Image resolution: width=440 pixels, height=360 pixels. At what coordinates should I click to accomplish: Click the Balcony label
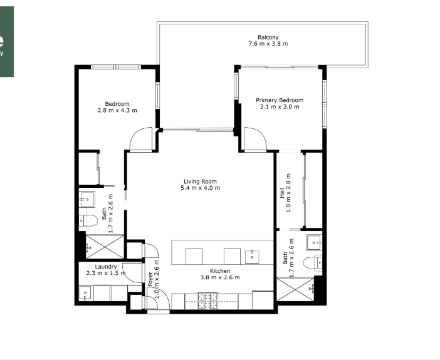268,37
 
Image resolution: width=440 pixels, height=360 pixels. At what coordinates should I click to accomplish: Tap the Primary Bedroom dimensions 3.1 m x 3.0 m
280,107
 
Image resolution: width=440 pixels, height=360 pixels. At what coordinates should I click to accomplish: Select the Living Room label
200,182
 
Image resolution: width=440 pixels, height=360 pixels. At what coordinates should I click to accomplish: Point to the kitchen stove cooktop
207,301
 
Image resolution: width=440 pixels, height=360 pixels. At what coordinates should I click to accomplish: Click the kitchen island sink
252,257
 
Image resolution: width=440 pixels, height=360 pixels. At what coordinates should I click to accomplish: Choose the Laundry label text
106,267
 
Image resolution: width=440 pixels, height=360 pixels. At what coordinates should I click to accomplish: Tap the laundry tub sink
85,293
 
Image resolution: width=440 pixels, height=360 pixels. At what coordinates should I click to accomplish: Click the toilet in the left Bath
88,220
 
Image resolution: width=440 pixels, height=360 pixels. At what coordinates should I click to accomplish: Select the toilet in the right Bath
313,263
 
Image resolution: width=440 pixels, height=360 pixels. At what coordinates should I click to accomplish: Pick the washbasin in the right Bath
314,242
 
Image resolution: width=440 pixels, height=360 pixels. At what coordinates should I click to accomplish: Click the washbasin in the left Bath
86,199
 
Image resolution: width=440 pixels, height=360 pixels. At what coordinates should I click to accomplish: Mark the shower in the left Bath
105,247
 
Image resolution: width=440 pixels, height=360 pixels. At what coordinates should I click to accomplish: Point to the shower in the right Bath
295,290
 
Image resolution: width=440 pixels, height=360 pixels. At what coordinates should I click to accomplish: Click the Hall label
282,193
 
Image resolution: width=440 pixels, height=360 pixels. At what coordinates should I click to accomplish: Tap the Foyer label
150,279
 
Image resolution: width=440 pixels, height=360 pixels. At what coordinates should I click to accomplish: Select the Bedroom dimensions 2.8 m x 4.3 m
117,110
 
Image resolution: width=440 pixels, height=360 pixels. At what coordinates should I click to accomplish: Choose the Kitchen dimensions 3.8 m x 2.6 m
220,277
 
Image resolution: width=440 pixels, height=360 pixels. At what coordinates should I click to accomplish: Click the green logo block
7,41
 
